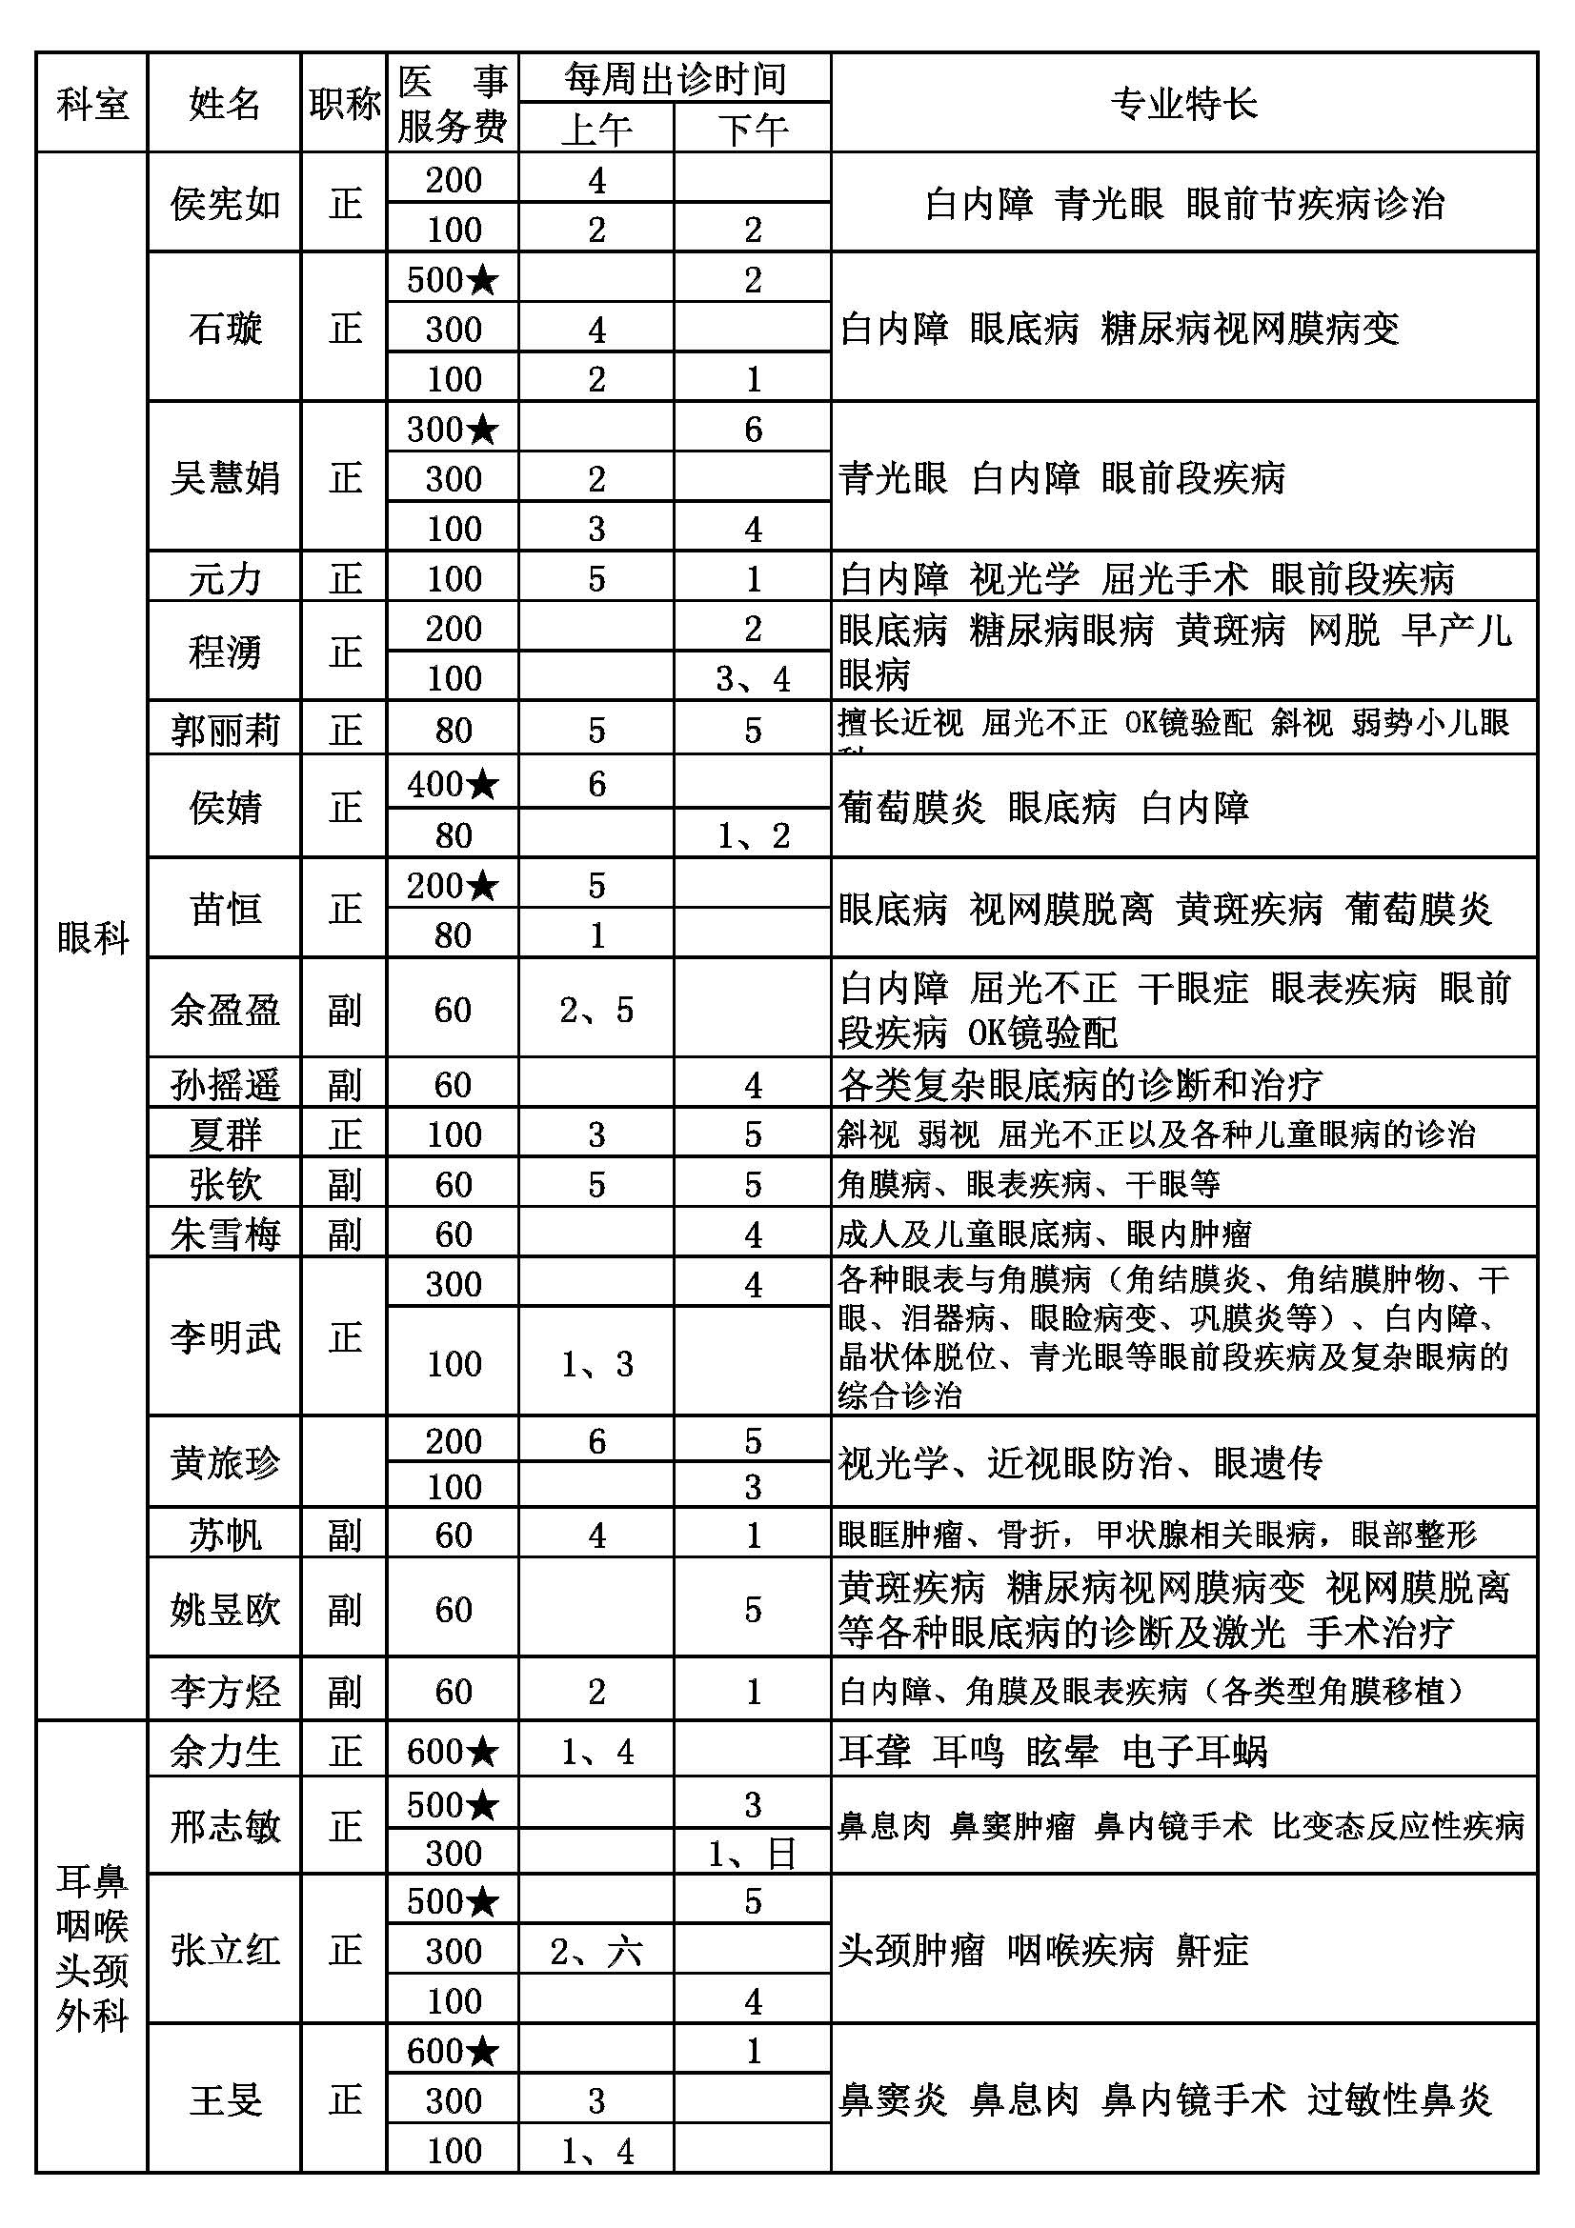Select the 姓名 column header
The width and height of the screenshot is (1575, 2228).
click(x=224, y=104)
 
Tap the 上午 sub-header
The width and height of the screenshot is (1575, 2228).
click(x=596, y=129)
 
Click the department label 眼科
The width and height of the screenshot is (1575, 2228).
click(x=92, y=937)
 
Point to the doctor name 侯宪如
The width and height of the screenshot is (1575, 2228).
click(x=224, y=204)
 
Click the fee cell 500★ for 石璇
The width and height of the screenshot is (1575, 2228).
click(x=453, y=279)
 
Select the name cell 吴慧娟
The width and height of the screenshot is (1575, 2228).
click(x=224, y=477)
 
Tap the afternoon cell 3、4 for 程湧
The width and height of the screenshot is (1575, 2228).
click(x=752, y=677)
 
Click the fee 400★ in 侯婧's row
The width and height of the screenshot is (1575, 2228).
click(x=453, y=784)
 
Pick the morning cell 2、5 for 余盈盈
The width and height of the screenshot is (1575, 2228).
click(x=596, y=1009)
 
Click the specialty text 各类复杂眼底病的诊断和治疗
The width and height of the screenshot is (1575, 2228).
click(x=1080, y=1084)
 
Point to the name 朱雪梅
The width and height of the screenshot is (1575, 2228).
click(x=224, y=1234)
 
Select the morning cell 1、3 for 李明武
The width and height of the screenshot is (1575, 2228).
click(x=596, y=1363)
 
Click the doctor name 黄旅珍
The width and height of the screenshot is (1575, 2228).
click(x=224, y=1462)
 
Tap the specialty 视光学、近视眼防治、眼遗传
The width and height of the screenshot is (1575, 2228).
click(x=1080, y=1462)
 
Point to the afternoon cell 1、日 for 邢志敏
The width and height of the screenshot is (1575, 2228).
click(x=752, y=1853)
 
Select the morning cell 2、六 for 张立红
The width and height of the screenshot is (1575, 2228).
click(x=596, y=1951)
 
